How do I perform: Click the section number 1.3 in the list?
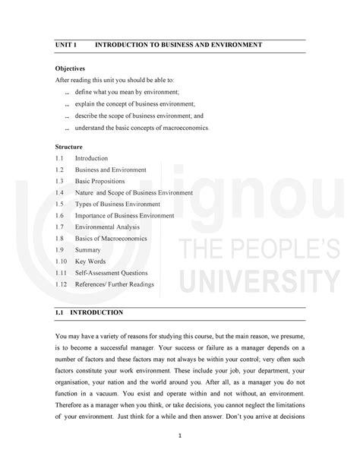click(x=61, y=181)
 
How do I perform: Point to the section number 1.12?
click(x=62, y=284)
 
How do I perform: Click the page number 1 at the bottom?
click(x=180, y=436)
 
